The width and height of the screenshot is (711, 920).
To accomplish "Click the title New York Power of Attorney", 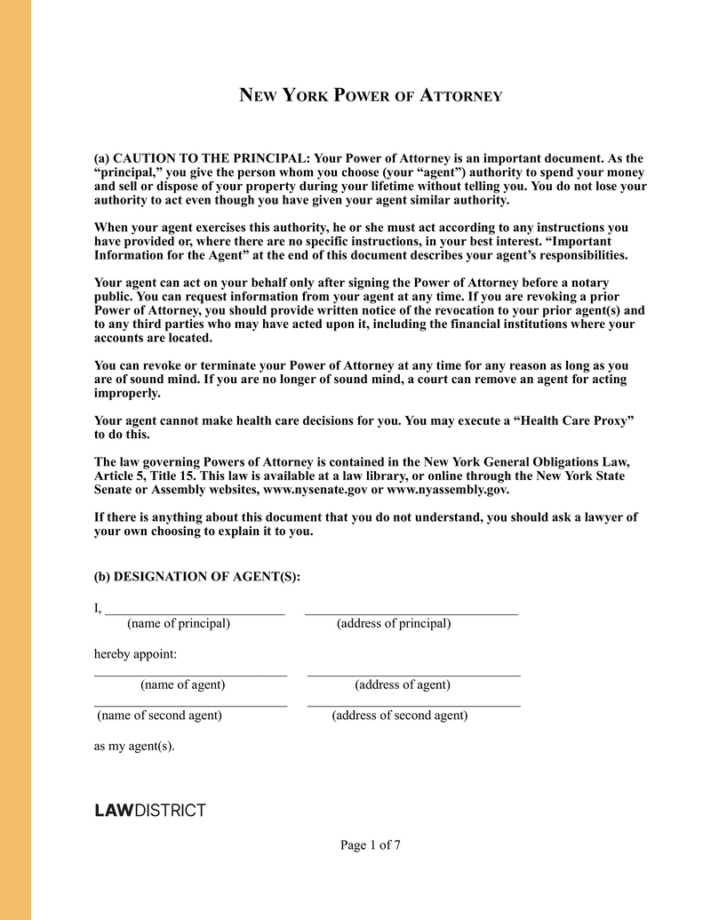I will point(371,95).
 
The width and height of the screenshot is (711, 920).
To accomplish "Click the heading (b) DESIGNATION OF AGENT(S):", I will point(197,577).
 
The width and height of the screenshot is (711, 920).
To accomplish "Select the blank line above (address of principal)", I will point(411,612).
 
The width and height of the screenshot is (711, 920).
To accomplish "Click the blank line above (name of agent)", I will point(190,675).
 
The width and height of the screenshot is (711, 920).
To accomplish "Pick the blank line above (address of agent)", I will point(413,675).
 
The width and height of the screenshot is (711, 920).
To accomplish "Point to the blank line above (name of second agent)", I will point(190,705).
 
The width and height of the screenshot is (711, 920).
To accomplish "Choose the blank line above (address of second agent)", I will point(413,705).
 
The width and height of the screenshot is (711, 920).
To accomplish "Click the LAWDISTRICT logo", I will point(149,811).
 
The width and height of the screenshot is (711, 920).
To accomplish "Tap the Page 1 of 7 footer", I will point(371,845).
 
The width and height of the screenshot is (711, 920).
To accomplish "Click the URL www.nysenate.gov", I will point(316,490).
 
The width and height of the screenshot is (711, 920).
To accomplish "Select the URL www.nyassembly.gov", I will point(448,490).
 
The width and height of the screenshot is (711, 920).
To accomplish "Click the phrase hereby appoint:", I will point(135,654).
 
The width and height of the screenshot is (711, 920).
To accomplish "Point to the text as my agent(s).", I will point(134,746).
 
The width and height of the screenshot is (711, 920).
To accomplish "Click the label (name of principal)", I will point(179,624).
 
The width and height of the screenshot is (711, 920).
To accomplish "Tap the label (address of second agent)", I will point(400,716).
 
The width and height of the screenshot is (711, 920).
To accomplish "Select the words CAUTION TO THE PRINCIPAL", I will point(208,158).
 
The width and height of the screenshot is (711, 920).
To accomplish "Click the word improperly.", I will point(127,393).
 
